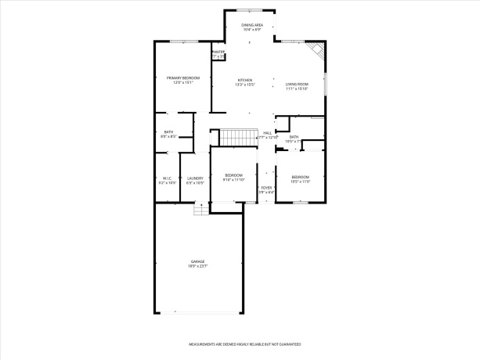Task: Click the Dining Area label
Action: [x=251, y=25]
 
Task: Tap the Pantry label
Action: [x=218, y=52]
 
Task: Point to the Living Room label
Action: [x=297, y=84]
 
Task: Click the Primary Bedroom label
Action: [x=183, y=77]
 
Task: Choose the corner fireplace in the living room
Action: [x=316, y=51]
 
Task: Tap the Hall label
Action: [x=267, y=133]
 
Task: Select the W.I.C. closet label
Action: [x=167, y=178]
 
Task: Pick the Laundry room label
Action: [x=195, y=178]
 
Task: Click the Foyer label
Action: [x=266, y=188]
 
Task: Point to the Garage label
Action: [x=197, y=261]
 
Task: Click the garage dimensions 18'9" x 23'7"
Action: [x=197, y=267]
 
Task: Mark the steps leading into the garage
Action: [x=201, y=209]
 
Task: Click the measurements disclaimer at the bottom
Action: [x=244, y=344]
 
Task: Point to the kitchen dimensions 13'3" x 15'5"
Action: [x=245, y=85]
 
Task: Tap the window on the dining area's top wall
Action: [x=250, y=10]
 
